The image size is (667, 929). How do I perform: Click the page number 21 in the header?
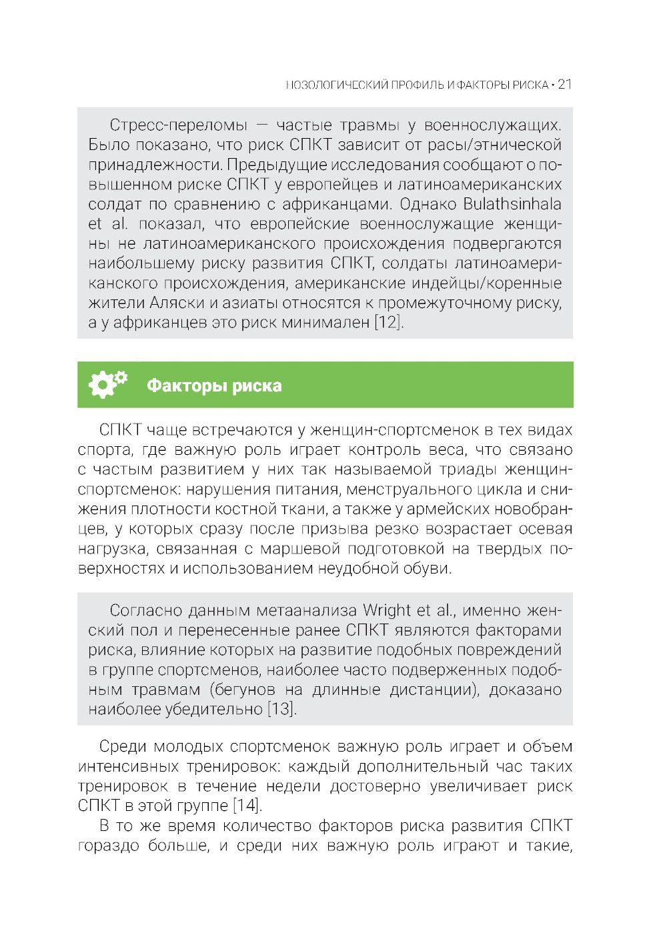point(564,85)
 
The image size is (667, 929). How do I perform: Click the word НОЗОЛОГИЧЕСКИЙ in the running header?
point(337,85)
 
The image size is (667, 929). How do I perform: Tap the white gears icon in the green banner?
point(107,384)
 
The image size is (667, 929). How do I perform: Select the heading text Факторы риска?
point(214,385)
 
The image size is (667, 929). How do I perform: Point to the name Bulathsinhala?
point(512,204)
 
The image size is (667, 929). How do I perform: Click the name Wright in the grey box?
point(387,610)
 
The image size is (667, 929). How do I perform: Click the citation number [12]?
point(388,323)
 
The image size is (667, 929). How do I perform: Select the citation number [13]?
point(281,709)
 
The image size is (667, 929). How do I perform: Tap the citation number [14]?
point(247,806)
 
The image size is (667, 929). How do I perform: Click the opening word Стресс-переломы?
point(178,125)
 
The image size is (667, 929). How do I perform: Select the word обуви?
point(428,568)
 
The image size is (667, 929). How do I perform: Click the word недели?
point(293,786)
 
